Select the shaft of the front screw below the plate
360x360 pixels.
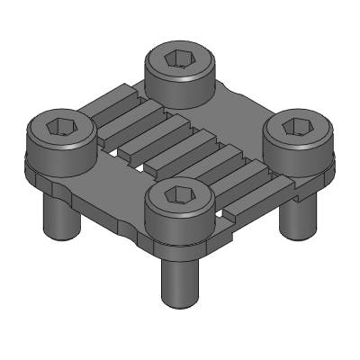pos(178,274)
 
